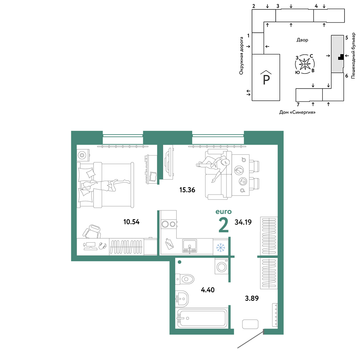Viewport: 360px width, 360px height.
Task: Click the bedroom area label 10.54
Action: [x=131, y=222]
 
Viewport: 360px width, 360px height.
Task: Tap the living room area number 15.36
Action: [x=187, y=190]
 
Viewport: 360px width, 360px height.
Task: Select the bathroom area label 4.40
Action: [x=208, y=290]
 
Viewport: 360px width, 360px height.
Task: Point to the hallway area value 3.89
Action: [x=252, y=298]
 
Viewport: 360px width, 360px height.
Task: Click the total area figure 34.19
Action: [x=243, y=222]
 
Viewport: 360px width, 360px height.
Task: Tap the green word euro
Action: [x=224, y=212]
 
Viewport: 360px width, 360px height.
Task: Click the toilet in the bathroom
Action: [x=185, y=279]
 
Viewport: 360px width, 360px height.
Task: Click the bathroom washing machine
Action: [x=221, y=266]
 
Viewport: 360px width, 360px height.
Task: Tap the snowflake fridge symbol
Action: [x=221, y=248]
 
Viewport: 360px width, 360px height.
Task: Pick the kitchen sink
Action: [x=189, y=246]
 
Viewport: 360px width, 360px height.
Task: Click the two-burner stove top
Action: [x=169, y=224]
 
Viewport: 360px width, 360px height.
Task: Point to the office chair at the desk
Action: [x=92, y=231]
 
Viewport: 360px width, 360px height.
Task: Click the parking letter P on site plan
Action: [x=266, y=80]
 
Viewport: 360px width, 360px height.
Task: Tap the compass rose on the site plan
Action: [x=305, y=64]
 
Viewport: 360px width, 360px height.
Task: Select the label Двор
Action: [x=302, y=40]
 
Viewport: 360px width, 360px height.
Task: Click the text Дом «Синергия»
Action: [x=297, y=112]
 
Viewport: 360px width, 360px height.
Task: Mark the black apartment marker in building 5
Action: [x=341, y=57]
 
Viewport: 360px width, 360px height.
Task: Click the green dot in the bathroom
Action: [x=180, y=262]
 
